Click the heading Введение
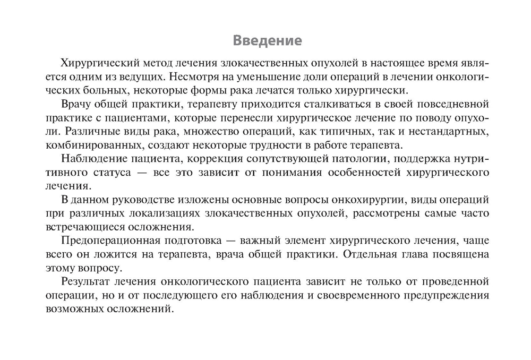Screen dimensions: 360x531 268,41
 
